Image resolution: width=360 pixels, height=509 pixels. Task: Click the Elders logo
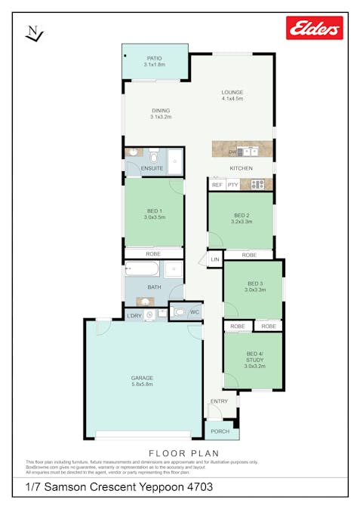314,28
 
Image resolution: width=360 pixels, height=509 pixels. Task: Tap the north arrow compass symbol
35,33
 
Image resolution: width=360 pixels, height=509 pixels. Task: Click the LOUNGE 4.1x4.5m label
232,95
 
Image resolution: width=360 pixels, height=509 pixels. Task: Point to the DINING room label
160,113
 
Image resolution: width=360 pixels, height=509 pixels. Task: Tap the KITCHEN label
241,168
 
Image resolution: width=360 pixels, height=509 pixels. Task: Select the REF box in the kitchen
217,184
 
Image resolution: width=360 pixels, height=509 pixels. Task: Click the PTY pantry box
232,184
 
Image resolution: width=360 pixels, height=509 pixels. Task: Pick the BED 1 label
154,212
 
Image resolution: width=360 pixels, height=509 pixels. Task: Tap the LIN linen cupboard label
215,259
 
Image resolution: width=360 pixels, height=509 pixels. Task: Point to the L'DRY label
134,315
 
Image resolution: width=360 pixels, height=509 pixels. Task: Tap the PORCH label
221,432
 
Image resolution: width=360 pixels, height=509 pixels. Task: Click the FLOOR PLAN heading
180,452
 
